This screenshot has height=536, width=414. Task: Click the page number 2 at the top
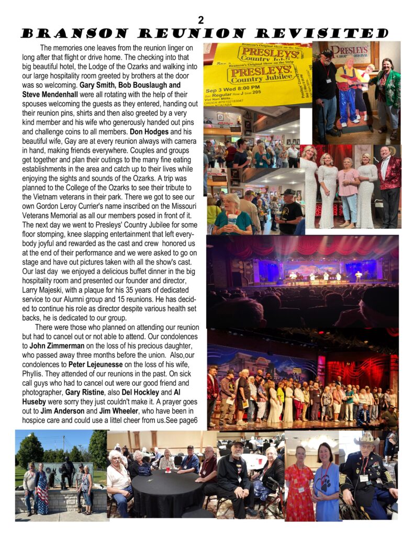[x=201, y=20]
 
